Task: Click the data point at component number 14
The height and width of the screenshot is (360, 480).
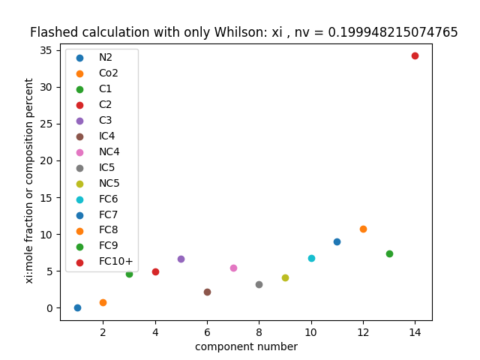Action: coord(415,55)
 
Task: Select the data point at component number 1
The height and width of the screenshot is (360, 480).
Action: coord(77,307)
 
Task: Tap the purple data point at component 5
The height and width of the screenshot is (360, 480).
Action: coord(181,259)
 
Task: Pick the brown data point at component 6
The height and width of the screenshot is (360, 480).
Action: coord(207,292)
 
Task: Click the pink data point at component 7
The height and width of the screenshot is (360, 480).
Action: coord(233,268)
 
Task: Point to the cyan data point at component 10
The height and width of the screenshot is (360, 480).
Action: coord(311,258)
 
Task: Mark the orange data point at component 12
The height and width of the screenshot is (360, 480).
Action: coord(363,229)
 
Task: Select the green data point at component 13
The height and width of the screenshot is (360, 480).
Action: coord(389,253)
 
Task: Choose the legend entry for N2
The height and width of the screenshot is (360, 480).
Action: coord(105,57)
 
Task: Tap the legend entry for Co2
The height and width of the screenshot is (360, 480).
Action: coord(108,73)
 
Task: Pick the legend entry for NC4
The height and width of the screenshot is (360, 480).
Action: coord(109,151)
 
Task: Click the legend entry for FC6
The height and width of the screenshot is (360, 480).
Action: coord(108,199)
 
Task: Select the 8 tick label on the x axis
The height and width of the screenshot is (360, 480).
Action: coord(259,332)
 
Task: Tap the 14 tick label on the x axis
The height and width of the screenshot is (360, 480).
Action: coord(415,332)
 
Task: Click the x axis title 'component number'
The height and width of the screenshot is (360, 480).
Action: coord(246,346)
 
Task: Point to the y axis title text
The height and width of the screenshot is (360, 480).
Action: coord(30,181)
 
